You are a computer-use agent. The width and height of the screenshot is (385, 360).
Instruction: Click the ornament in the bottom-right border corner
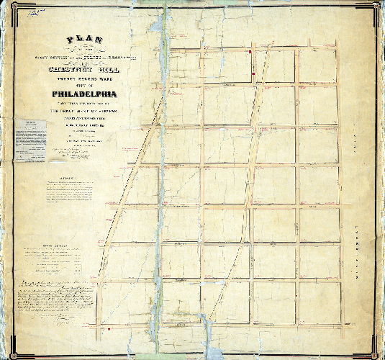[376, 351]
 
